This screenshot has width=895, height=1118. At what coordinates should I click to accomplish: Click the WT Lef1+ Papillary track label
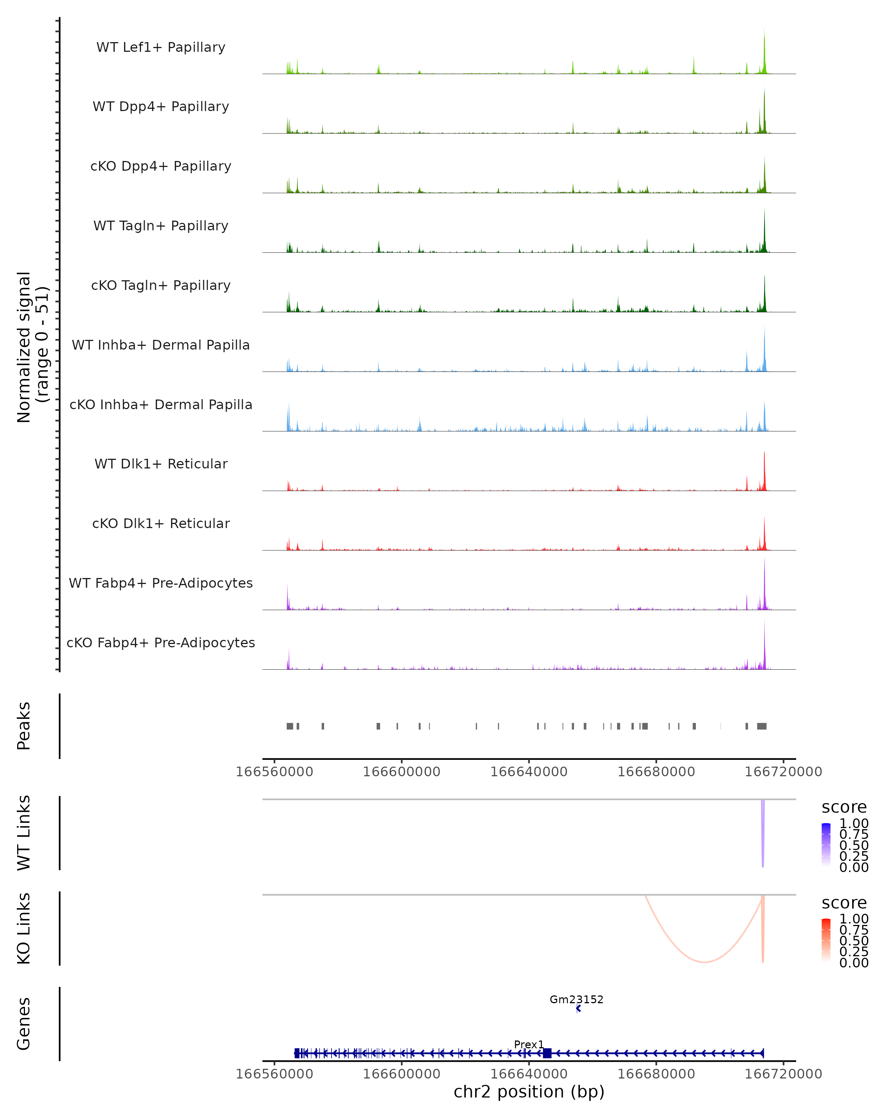click(161, 47)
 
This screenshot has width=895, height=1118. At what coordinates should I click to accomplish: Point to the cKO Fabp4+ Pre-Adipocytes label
click(161, 642)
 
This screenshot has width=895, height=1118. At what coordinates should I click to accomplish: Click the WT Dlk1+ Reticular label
click(161, 464)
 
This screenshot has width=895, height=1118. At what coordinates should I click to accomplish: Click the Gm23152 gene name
click(577, 999)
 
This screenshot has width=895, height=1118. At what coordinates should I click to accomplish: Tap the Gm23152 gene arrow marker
click(578, 1008)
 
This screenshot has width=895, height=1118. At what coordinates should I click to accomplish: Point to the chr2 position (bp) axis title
click(529, 1092)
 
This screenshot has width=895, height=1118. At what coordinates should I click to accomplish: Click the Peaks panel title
click(24, 726)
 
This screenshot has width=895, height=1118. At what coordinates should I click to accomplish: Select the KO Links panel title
click(24, 928)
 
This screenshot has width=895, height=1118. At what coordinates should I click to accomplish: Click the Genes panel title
click(24, 1024)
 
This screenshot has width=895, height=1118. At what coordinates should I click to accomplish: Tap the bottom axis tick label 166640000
click(529, 1073)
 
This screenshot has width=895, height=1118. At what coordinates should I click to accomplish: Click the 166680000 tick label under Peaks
click(656, 772)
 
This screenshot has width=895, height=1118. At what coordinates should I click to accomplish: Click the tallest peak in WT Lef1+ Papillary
click(764, 31)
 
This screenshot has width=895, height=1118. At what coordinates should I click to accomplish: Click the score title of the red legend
click(844, 903)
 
